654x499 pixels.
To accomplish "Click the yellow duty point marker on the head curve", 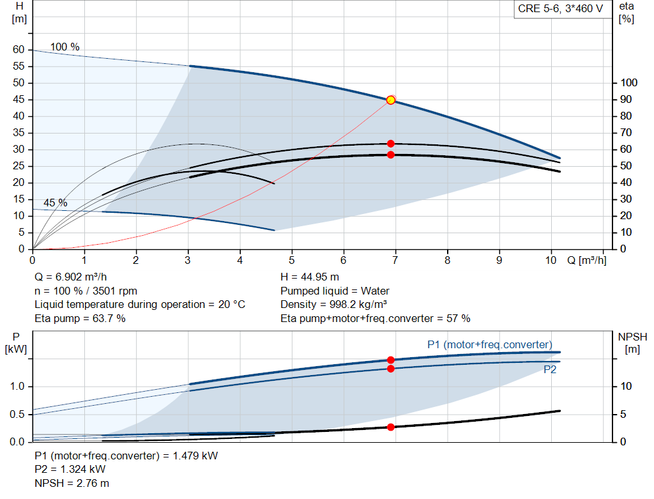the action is click(391, 100).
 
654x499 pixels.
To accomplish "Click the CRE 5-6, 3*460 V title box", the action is click(561, 9).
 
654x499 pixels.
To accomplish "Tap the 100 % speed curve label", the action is click(65, 47).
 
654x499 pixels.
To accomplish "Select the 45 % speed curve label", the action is click(56, 203).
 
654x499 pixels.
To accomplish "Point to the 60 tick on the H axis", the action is click(19, 50).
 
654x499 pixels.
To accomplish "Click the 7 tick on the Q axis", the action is click(395, 260).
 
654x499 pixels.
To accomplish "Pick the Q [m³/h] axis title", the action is click(586, 260).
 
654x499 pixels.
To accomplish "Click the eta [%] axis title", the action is click(626, 13).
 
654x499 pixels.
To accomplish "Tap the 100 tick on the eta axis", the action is click(628, 82).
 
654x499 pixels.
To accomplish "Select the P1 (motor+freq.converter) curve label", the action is click(490, 344).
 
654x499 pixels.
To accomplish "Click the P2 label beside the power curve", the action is click(550, 370).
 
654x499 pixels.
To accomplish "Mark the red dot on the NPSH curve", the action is click(391, 427).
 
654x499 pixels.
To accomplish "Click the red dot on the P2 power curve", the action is click(391, 369).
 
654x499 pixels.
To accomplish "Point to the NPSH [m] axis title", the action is click(632, 343).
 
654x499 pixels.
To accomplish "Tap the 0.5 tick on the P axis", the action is click(17, 414).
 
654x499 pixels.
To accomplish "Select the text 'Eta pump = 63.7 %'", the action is click(80, 319).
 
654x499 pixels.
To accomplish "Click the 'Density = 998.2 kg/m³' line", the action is click(333, 305).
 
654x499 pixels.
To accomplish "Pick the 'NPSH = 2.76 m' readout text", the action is click(72, 483).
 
